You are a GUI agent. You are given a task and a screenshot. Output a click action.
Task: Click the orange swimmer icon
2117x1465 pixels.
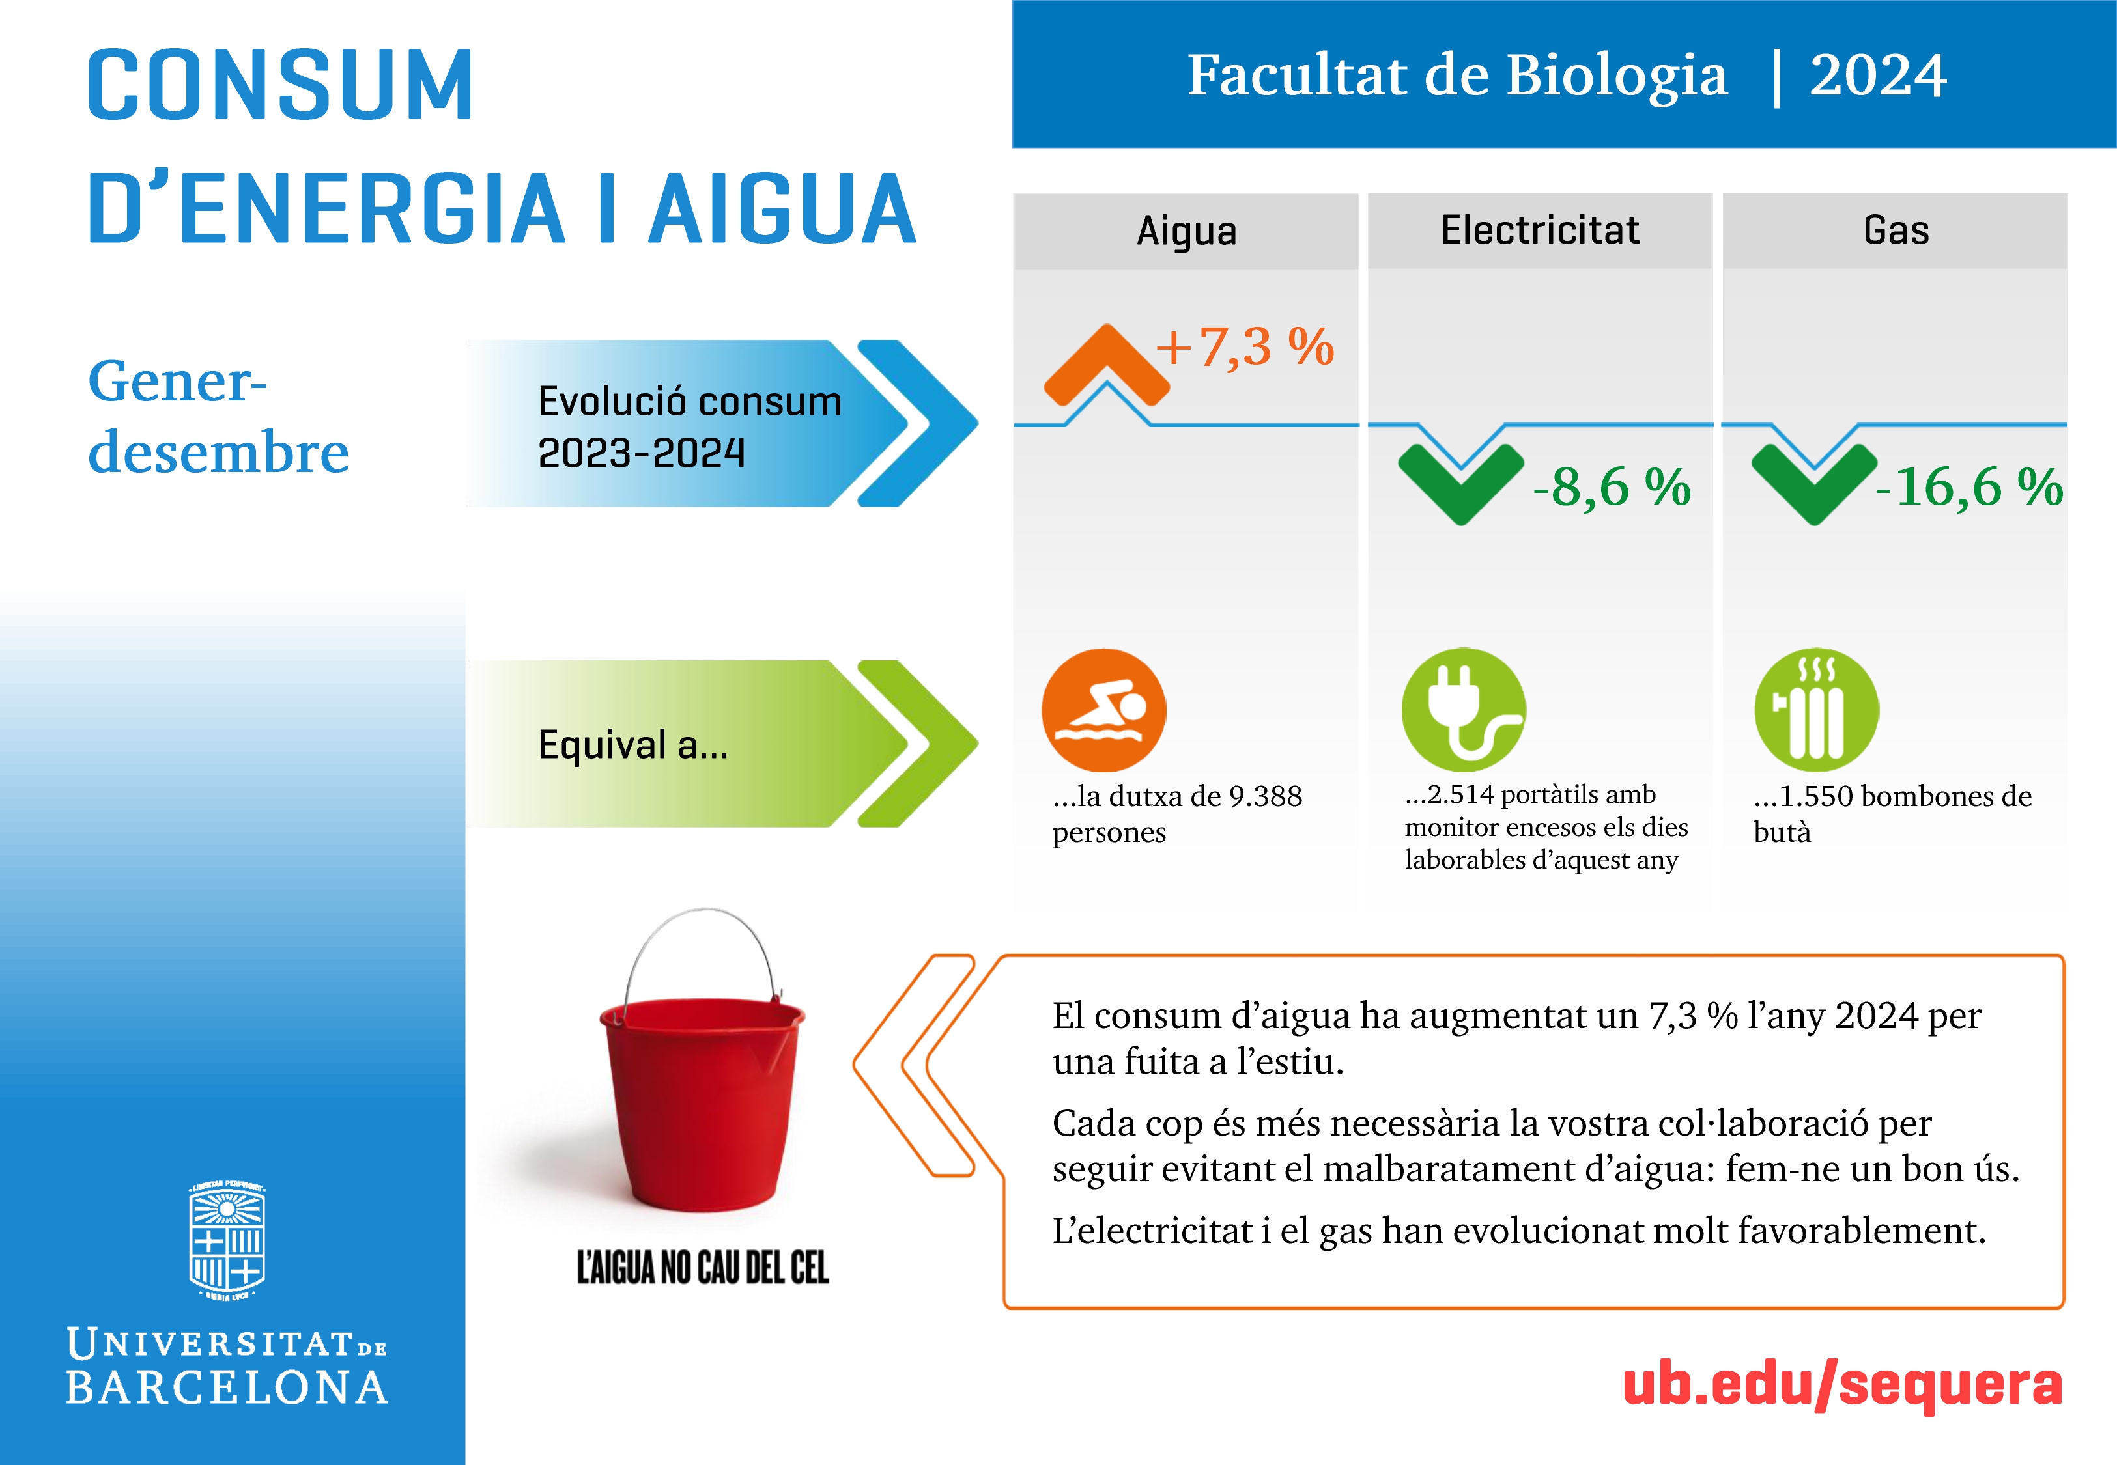pos(1103,710)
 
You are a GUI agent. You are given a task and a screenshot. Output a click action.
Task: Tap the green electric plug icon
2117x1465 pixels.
pos(1464,710)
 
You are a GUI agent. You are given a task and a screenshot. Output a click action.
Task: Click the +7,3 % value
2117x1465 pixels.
pos(1245,348)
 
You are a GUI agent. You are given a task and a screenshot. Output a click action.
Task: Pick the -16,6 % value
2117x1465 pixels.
pos(1969,486)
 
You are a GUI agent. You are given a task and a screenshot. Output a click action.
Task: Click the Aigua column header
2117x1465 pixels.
pos(1186,231)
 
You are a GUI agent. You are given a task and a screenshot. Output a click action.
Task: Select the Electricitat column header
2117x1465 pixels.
pos(1540,229)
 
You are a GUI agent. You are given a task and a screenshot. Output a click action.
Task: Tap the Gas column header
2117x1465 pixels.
pos(1896,229)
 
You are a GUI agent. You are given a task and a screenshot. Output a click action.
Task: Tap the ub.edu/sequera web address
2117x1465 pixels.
pos(1843,1386)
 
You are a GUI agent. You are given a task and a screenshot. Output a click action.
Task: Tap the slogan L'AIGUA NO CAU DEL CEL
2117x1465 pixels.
pos(702,1268)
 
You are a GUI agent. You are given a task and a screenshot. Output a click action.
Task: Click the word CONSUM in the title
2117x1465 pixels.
pos(280,85)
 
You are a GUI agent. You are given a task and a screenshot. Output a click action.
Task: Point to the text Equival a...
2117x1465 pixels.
pos(632,744)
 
